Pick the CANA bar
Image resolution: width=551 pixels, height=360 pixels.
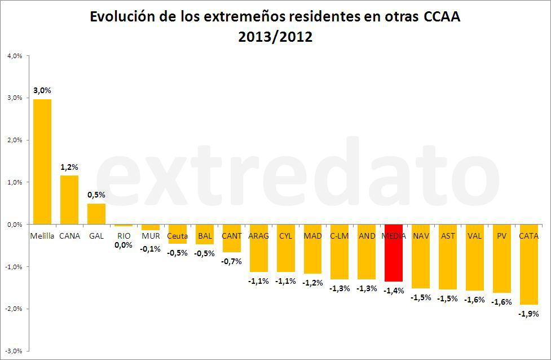69,200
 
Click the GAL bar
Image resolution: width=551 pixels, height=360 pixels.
96,214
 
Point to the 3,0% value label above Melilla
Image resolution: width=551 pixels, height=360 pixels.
42,90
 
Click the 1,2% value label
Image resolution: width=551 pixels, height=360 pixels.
69,167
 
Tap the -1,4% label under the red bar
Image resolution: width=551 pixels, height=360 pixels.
394,290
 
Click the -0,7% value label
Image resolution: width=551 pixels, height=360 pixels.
231,261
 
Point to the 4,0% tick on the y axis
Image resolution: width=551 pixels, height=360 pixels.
14,56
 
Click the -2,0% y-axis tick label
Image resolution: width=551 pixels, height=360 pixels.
14,309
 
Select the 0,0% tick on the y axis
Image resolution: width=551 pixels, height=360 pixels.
14,225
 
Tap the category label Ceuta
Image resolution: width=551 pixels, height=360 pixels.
177,236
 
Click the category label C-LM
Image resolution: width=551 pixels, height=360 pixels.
340,236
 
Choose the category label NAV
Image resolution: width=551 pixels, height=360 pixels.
421,236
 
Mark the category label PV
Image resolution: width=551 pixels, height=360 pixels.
501,236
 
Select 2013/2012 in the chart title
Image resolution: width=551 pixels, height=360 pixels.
275,38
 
